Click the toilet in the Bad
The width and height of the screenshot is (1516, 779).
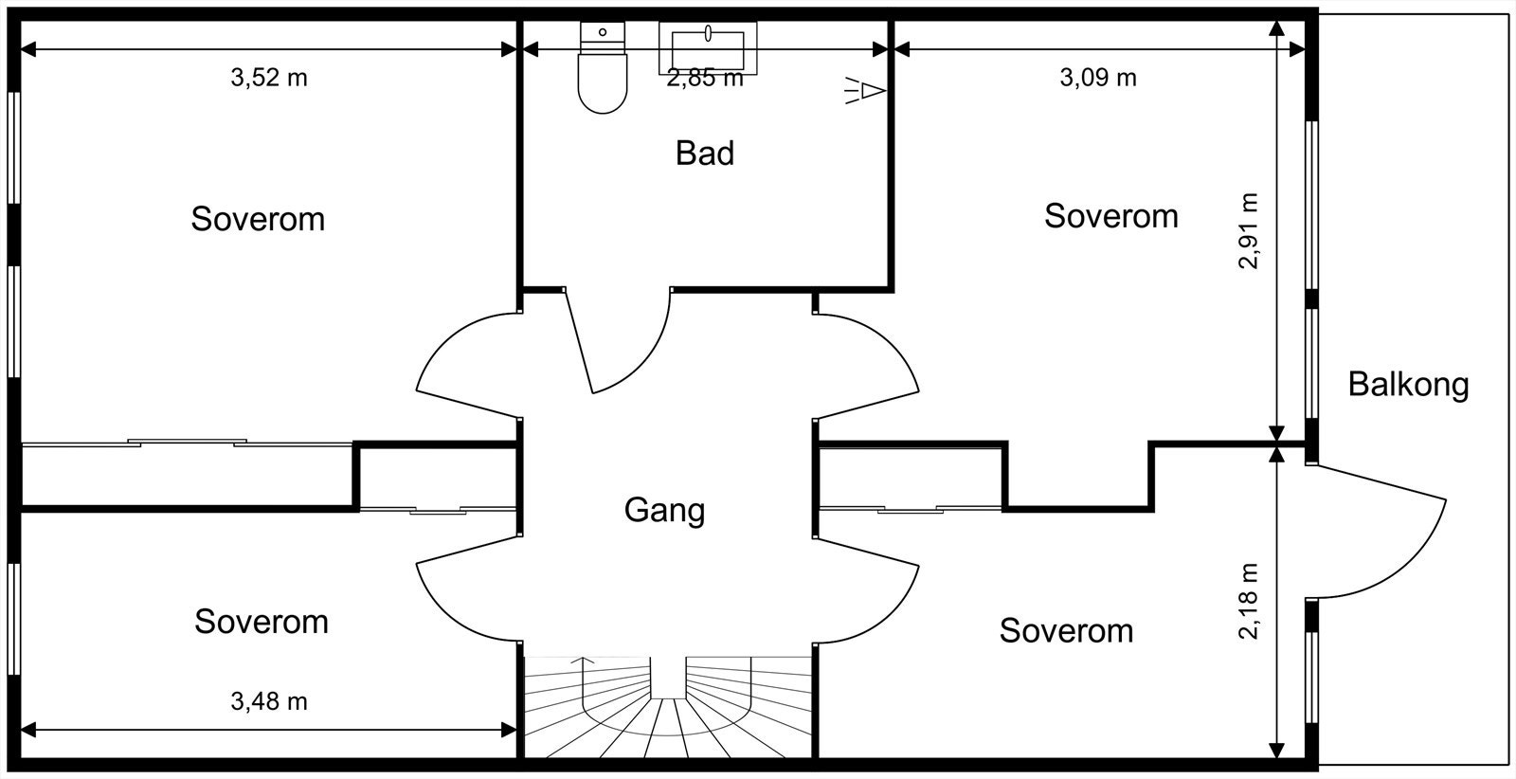point(603,67)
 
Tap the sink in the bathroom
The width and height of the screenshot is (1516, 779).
point(707,47)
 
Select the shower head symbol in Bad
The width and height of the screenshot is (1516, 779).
point(865,90)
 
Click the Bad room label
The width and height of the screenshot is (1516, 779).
point(705,153)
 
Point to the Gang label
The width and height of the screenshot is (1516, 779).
point(664,511)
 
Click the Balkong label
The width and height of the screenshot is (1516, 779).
point(1408,385)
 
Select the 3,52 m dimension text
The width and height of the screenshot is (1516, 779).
point(269,78)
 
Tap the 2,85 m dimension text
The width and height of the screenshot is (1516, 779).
point(705,78)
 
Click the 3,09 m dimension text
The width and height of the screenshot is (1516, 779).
point(1098,78)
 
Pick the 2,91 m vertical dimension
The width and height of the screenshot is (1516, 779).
point(1249,231)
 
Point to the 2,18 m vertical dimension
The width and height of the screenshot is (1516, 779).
point(1249,601)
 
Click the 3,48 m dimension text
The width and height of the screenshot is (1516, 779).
point(269,702)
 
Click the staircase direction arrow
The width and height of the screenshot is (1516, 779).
point(583,683)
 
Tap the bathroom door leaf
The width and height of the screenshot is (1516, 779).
point(579,342)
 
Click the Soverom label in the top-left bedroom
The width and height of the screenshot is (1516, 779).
point(258,219)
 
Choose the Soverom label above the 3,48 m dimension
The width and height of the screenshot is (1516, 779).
point(262,622)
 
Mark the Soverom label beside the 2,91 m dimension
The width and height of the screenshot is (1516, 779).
point(1111,217)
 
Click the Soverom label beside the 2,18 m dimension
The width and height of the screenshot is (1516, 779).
point(1066,631)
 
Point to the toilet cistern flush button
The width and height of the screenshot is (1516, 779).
point(603,32)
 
